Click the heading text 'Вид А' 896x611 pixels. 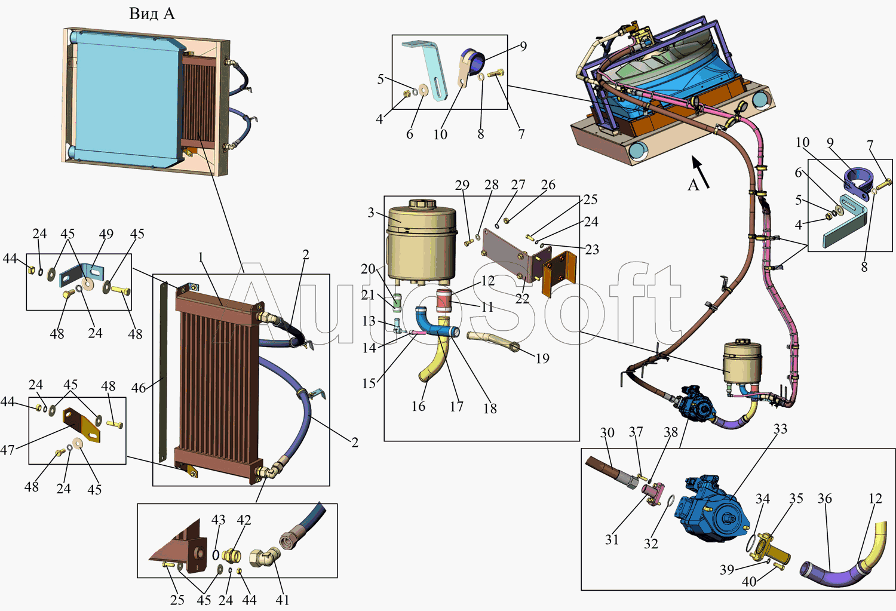152,14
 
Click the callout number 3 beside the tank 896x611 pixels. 371,213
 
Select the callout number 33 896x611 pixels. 780,429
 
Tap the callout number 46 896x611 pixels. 139,388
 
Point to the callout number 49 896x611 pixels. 106,234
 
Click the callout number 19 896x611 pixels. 542,358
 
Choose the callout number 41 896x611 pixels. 283,600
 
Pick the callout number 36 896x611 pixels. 824,498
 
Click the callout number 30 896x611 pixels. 607,432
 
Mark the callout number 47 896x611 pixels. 7,450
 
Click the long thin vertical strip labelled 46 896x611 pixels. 163,370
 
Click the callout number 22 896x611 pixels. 522,298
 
